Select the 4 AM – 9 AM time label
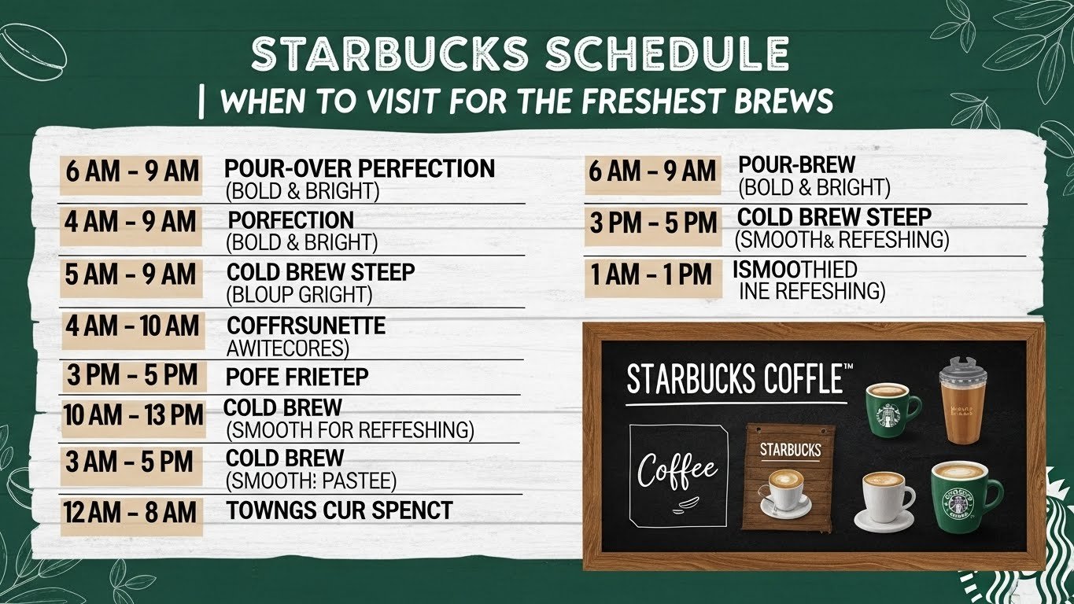pyautogui.click(x=131, y=223)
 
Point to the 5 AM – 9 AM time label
pyautogui.click(x=131, y=275)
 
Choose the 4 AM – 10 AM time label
pyautogui.click(x=132, y=326)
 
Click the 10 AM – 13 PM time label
pyautogui.click(x=133, y=415)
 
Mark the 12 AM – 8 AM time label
pyautogui.click(x=131, y=514)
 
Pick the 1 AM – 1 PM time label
pyautogui.click(x=651, y=275)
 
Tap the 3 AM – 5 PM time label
pyautogui.click(x=131, y=462)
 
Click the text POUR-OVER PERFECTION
pyautogui.click(x=360, y=168)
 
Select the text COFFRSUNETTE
pyautogui.click(x=306, y=326)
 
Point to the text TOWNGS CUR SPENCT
pyautogui.click(x=339, y=510)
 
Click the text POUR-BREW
pyautogui.click(x=796, y=165)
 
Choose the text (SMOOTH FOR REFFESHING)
pyautogui.click(x=350, y=430)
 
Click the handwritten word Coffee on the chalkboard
pyautogui.click(x=677, y=471)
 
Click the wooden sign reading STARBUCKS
pyautogui.click(x=789, y=476)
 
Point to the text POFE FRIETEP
pyautogui.click(x=297, y=377)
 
